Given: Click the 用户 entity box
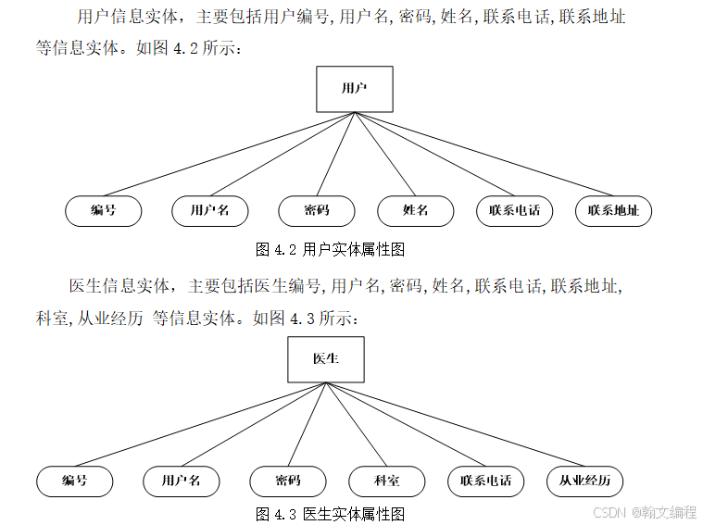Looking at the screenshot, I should pos(354,89).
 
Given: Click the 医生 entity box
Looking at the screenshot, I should pos(325,359).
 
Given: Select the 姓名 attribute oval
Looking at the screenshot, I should pos(416,211).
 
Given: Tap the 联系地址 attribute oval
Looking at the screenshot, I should pos(613,211).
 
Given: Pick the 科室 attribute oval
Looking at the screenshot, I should pos(387,481).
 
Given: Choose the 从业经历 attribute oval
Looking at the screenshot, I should pos(584,481).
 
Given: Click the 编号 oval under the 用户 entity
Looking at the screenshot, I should pos(104,211).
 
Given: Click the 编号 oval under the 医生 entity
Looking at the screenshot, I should pos(75,481).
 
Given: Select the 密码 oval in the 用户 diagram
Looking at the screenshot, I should pos(317,211).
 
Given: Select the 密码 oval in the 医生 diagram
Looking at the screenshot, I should pos(288,481).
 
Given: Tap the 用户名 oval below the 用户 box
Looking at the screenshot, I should pos(210,211).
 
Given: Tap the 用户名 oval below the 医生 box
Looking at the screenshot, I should pos(182,481).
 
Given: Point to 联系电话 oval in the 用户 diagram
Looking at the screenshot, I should pos(515,211).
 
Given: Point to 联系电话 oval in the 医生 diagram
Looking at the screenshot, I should pos(486,481).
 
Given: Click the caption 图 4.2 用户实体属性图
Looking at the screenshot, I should pos(330,249).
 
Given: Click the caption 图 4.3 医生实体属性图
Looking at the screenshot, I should pos(330,514).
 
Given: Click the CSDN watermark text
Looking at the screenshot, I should pos(644,511).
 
